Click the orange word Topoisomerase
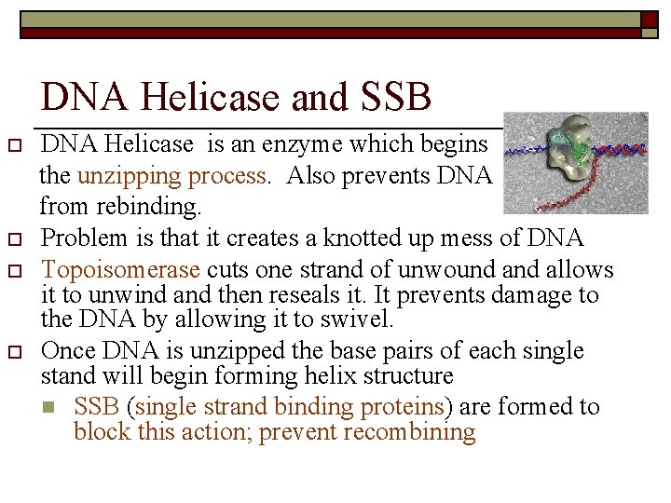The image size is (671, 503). [x=121, y=270]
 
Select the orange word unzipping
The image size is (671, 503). [x=124, y=177]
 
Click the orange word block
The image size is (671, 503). [x=100, y=432]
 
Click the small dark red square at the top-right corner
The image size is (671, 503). [x=650, y=18]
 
